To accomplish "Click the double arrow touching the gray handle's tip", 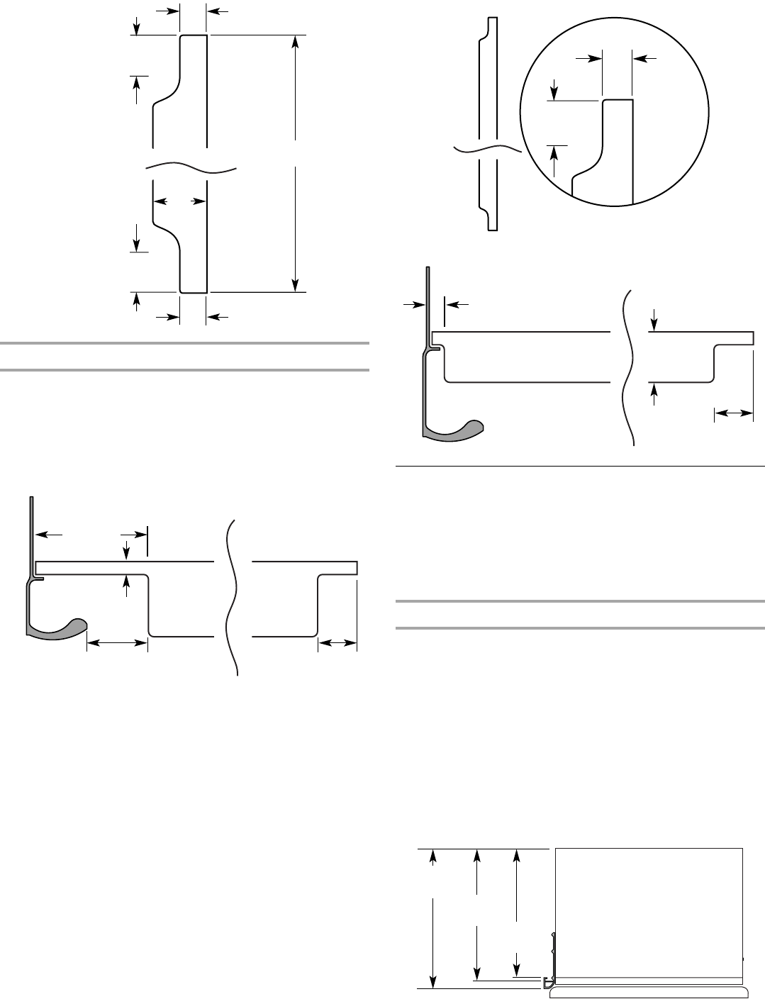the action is pyautogui.click(x=117, y=643).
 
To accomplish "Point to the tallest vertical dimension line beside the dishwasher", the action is pyautogui.click(x=432, y=917).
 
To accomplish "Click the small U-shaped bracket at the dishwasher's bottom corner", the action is pyautogui.click(x=548, y=981).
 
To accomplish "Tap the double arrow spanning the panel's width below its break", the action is pyautogui.click(x=180, y=202).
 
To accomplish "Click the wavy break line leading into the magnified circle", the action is pyautogui.click(x=486, y=150).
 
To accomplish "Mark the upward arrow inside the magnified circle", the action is pyautogui.click(x=554, y=152).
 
